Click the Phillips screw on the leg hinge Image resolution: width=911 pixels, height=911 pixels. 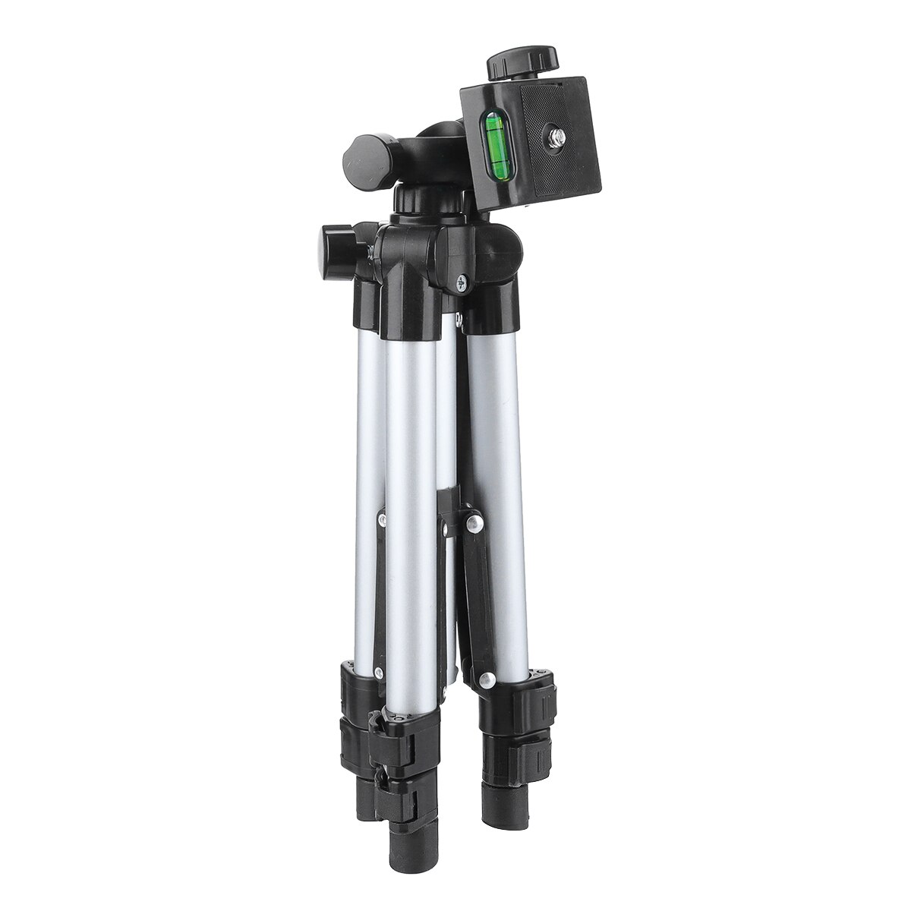(x=462, y=283)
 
